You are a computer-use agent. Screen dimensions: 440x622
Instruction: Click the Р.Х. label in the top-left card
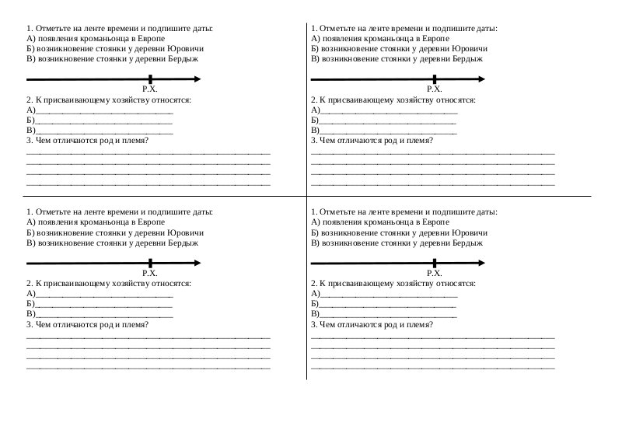point(150,90)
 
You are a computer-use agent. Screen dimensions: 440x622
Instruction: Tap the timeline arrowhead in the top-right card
point(482,79)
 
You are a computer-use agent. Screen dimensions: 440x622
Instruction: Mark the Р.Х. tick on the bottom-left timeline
point(150,263)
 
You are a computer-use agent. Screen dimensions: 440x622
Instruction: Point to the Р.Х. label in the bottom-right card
point(434,274)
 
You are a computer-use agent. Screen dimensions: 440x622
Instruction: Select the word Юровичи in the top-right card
point(469,48)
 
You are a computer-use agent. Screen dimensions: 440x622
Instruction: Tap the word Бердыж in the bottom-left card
point(180,243)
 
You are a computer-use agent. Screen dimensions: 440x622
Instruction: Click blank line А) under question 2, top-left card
point(104,111)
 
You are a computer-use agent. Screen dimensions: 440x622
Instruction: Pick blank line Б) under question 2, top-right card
point(389,121)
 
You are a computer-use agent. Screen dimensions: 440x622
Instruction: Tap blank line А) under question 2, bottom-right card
point(389,294)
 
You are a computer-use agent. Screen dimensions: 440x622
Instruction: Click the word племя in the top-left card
point(134,140)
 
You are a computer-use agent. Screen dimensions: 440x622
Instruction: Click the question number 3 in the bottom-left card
point(29,324)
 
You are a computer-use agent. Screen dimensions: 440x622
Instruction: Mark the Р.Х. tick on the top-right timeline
point(435,79)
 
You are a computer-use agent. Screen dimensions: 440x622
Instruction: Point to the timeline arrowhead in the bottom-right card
point(482,263)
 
